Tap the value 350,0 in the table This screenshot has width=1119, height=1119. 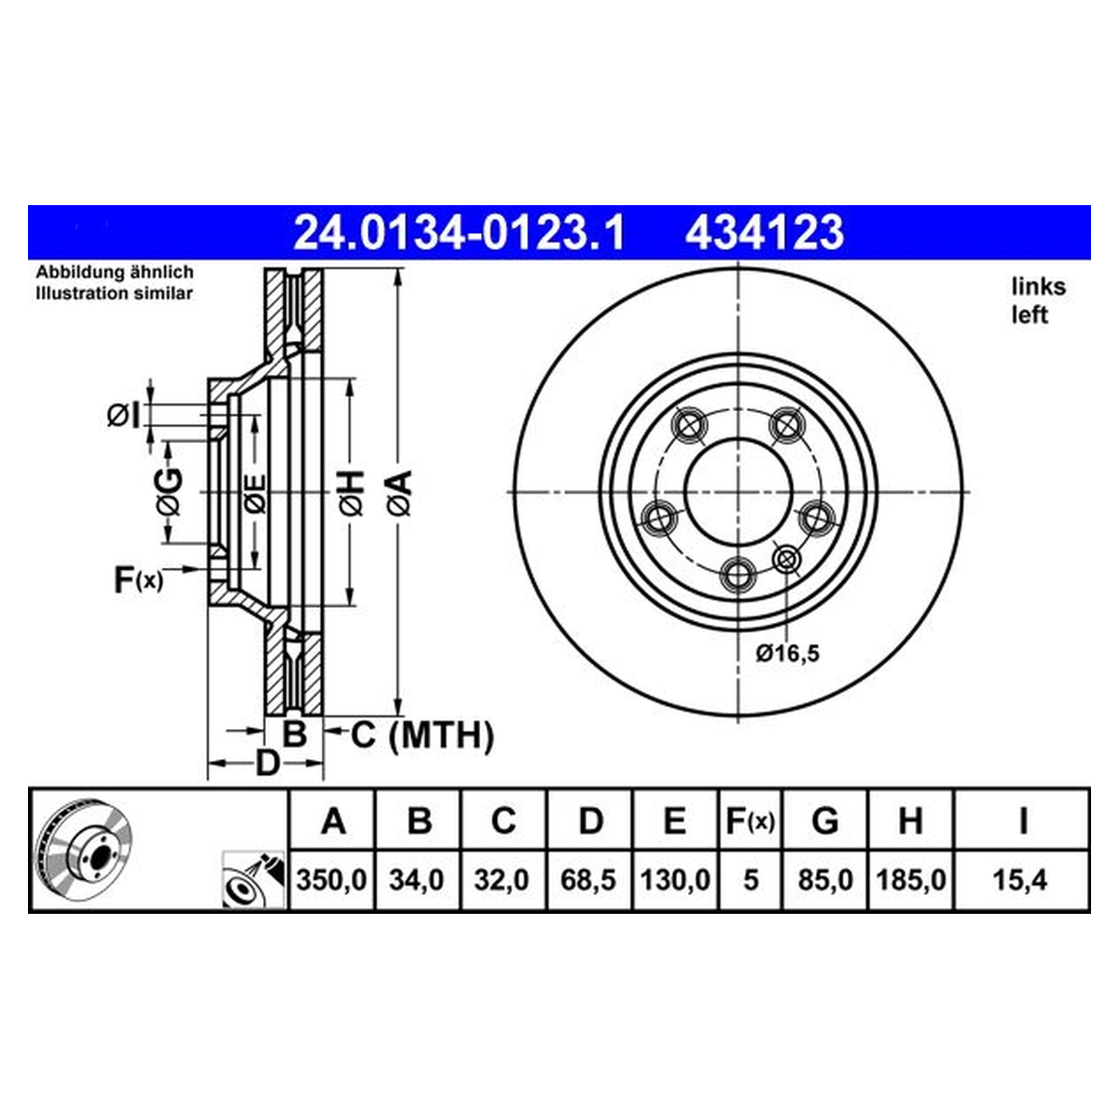coord(332,880)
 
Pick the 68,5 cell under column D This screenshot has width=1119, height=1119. coord(587,880)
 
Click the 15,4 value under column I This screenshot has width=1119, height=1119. coord(1020,880)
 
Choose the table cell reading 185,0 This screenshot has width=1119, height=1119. coord(910,880)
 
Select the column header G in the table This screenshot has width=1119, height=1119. coord(824,822)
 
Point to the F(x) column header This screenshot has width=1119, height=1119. coord(751,822)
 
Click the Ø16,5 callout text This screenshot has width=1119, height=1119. coord(787,654)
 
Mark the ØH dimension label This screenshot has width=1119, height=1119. coord(352,493)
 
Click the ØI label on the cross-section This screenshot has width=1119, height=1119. coord(123,416)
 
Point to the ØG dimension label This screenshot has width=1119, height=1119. coord(170,491)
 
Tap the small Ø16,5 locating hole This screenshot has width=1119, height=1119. coord(787,560)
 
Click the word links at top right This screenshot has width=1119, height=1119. coord(1039,287)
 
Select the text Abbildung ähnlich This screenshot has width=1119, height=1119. coord(115,271)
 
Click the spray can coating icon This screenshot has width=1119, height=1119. coord(254,879)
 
